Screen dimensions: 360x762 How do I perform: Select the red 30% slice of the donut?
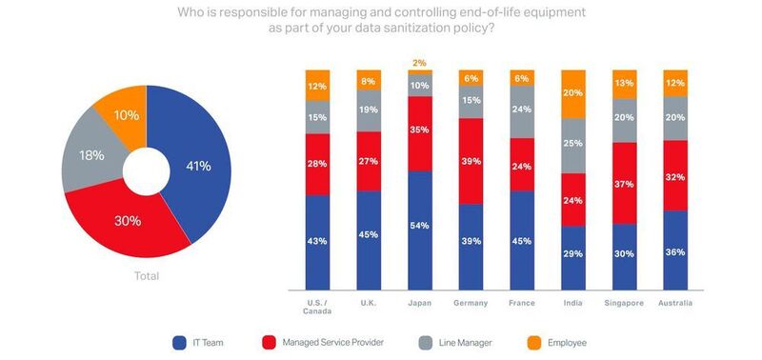[127, 221]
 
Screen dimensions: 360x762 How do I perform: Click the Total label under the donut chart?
[146, 276]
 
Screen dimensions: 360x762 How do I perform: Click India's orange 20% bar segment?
[574, 93]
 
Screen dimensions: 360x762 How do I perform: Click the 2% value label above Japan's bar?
[420, 63]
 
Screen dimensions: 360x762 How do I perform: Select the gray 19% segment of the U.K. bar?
[369, 110]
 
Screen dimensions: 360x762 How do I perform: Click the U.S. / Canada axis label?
[316, 308]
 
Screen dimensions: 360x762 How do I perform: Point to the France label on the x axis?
[523, 303]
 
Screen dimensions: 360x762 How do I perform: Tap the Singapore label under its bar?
[626, 303]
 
